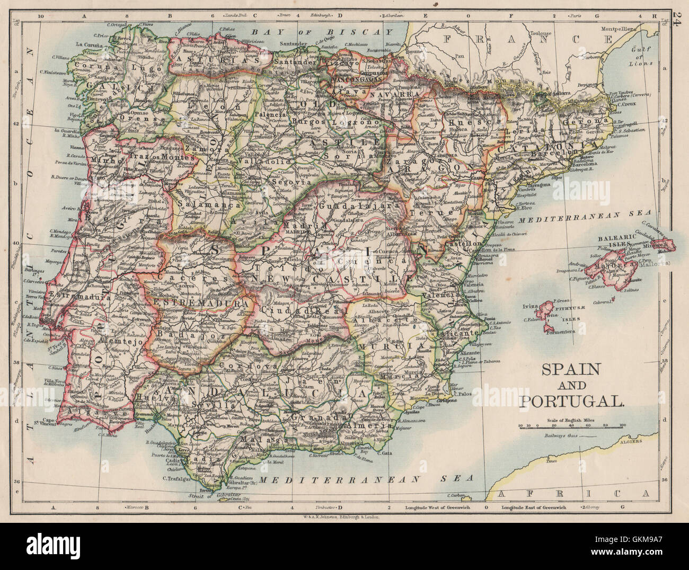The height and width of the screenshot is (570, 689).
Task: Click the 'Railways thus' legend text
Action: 561,435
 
